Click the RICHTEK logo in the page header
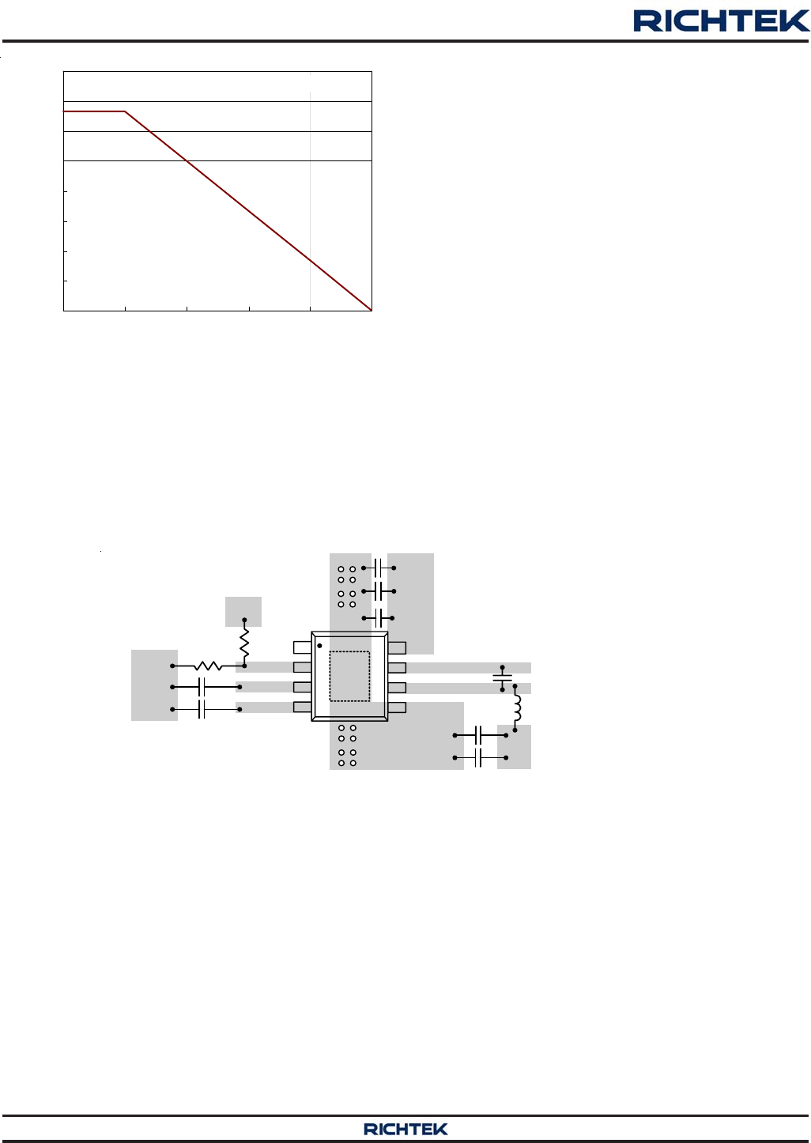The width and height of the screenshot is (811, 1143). point(721,21)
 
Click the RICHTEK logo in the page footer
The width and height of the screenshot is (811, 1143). point(405,1129)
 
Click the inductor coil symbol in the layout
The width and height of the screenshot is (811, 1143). point(517,707)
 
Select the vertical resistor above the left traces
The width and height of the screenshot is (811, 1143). point(244,643)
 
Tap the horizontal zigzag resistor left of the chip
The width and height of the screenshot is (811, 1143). point(208,666)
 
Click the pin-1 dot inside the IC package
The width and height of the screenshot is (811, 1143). point(319,646)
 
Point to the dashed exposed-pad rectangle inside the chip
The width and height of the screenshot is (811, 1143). point(349,676)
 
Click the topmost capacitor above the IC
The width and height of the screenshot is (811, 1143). point(378,568)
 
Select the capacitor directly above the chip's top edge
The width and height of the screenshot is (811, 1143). point(378,618)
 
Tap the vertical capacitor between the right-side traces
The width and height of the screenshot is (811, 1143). point(502,678)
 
